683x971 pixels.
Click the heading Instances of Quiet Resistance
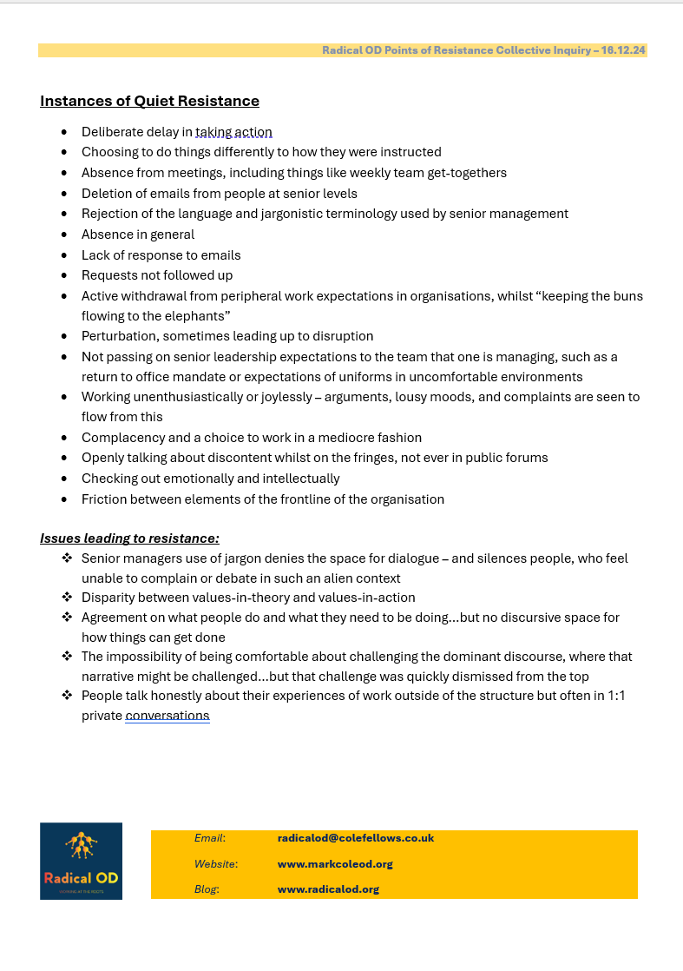pyautogui.click(x=149, y=101)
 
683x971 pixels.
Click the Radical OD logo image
pyautogui.click(x=81, y=861)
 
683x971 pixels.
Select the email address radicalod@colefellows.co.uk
pyautogui.click(x=356, y=838)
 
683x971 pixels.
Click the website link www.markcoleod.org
pyautogui.click(x=335, y=864)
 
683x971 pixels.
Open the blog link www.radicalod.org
pyautogui.click(x=328, y=889)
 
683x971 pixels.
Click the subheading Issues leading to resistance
pyautogui.click(x=129, y=538)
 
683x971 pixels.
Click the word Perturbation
pyautogui.click(x=121, y=336)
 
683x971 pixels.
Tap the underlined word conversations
pyautogui.click(x=167, y=716)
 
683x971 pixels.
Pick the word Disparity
pyautogui.click(x=108, y=598)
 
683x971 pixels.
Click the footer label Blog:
pyautogui.click(x=207, y=889)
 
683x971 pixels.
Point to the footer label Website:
pyautogui.click(x=216, y=864)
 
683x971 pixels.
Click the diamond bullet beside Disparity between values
pyautogui.click(x=66, y=597)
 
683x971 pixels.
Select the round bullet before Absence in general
pyautogui.click(x=64, y=234)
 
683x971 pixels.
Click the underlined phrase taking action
pyautogui.click(x=233, y=132)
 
